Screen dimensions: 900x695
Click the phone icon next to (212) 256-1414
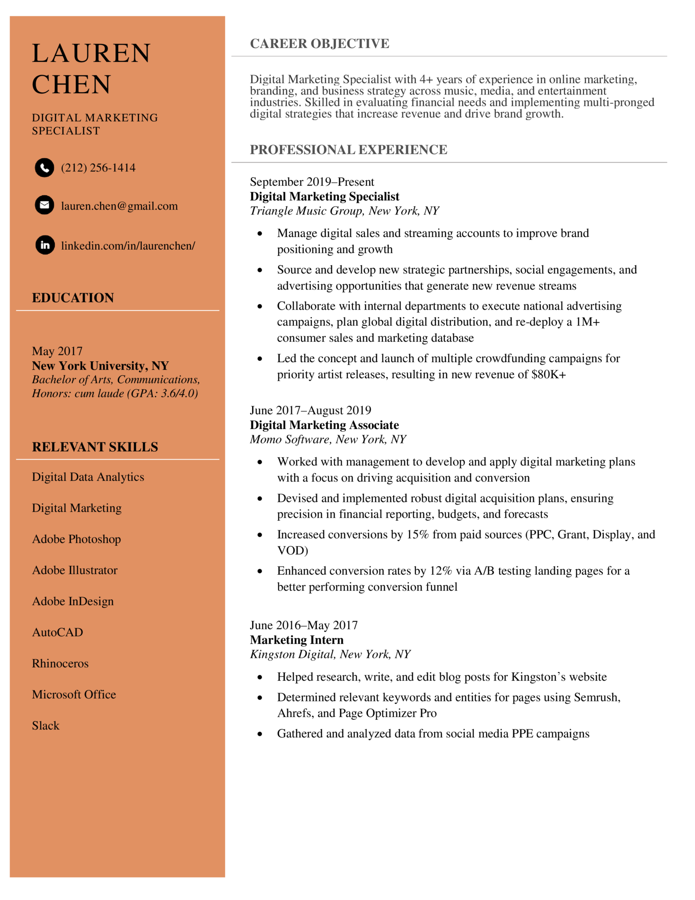44,167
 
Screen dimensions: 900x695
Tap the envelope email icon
44,205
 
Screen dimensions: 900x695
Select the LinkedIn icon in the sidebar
45,245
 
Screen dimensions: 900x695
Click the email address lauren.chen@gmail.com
119,206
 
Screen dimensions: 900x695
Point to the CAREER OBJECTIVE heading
319,44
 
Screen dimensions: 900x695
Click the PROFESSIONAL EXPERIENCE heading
348,150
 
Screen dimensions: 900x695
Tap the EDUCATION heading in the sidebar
73,298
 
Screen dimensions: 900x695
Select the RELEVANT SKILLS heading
95,447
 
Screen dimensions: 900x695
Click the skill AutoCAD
58,632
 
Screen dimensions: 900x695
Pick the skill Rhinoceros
60,664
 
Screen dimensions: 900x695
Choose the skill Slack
46,726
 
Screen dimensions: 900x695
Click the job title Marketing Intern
297,640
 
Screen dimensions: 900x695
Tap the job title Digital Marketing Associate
324,425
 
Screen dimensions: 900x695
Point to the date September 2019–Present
312,182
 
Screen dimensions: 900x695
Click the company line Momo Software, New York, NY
328,439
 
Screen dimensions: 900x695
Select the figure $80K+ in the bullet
548,374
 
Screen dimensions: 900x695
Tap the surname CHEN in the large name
72,84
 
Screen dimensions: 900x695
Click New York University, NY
100,366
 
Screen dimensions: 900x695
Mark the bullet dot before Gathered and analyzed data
260,734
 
